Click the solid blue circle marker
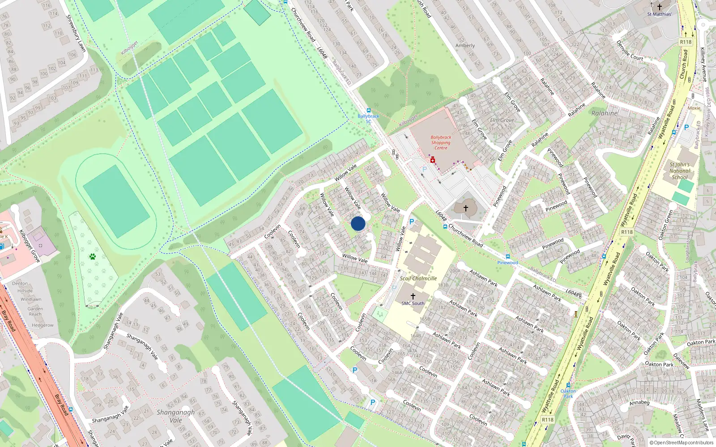(358, 223)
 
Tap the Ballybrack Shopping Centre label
(441, 143)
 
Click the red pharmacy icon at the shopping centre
(432, 160)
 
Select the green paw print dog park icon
(93, 257)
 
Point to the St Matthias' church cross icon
(659, 7)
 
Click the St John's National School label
(679, 171)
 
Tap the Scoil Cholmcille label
(418, 278)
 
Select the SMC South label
(413, 303)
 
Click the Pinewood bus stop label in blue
(507, 262)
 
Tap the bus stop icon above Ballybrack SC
(368, 110)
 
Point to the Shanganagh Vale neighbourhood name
(176, 416)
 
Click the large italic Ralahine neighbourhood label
(604, 113)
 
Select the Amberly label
(465, 46)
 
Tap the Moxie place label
(694, 108)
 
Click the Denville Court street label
(630, 51)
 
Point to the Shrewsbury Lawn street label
(76, 33)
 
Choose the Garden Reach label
(35, 311)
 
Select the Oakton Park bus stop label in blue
(568, 393)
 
